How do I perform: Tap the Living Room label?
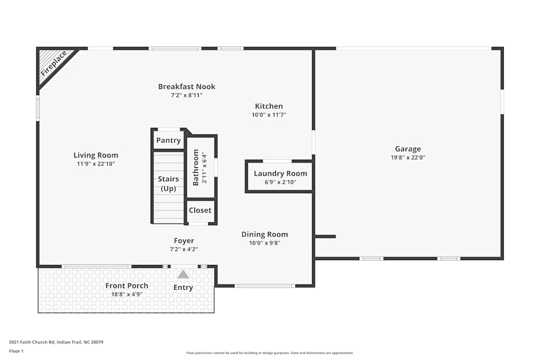pyautogui.click(x=96, y=155)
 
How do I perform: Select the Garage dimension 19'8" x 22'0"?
pyautogui.click(x=408, y=158)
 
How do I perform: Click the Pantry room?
pyautogui.click(x=168, y=140)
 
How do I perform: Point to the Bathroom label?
pyautogui.click(x=196, y=167)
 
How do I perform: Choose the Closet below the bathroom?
pyautogui.click(x=200, y=210)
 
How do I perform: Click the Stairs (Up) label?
pyautogui.click(x=168, y=184)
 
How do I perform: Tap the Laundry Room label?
pyautogui.click(x=280, y=173)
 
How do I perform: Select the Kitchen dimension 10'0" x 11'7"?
pyautogui.click(x=269, y=114)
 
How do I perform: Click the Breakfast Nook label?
pyautogui.click(x=187, y=86)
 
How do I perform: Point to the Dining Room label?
pyautogui.click(x=265, y=234)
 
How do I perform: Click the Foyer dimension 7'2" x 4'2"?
pyautogui.click(x=184, y=249)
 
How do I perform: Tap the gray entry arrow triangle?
pyautogui.click(x=184, y=274)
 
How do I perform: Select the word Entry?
pyautogui.click(x=184, y=287)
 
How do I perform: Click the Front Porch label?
pyautogui.click(x=127, y=286)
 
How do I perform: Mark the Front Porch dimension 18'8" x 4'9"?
pyautogui.click(x=127, y=294)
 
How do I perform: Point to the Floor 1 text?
pyautogui.click(x=16, y=351)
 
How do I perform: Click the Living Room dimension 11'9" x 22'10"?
pyautogui.click(x=96, y=164)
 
